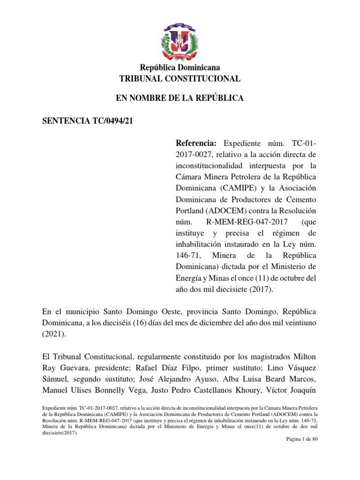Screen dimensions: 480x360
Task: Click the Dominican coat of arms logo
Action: tap(180, 38)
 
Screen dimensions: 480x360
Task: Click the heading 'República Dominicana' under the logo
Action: tap(180, 68)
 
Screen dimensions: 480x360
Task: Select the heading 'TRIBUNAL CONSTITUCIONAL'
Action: tap(180, 79)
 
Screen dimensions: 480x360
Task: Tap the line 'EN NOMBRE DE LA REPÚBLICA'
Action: tap(180, 98)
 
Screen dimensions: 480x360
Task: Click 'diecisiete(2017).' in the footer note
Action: tap(60, 433)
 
